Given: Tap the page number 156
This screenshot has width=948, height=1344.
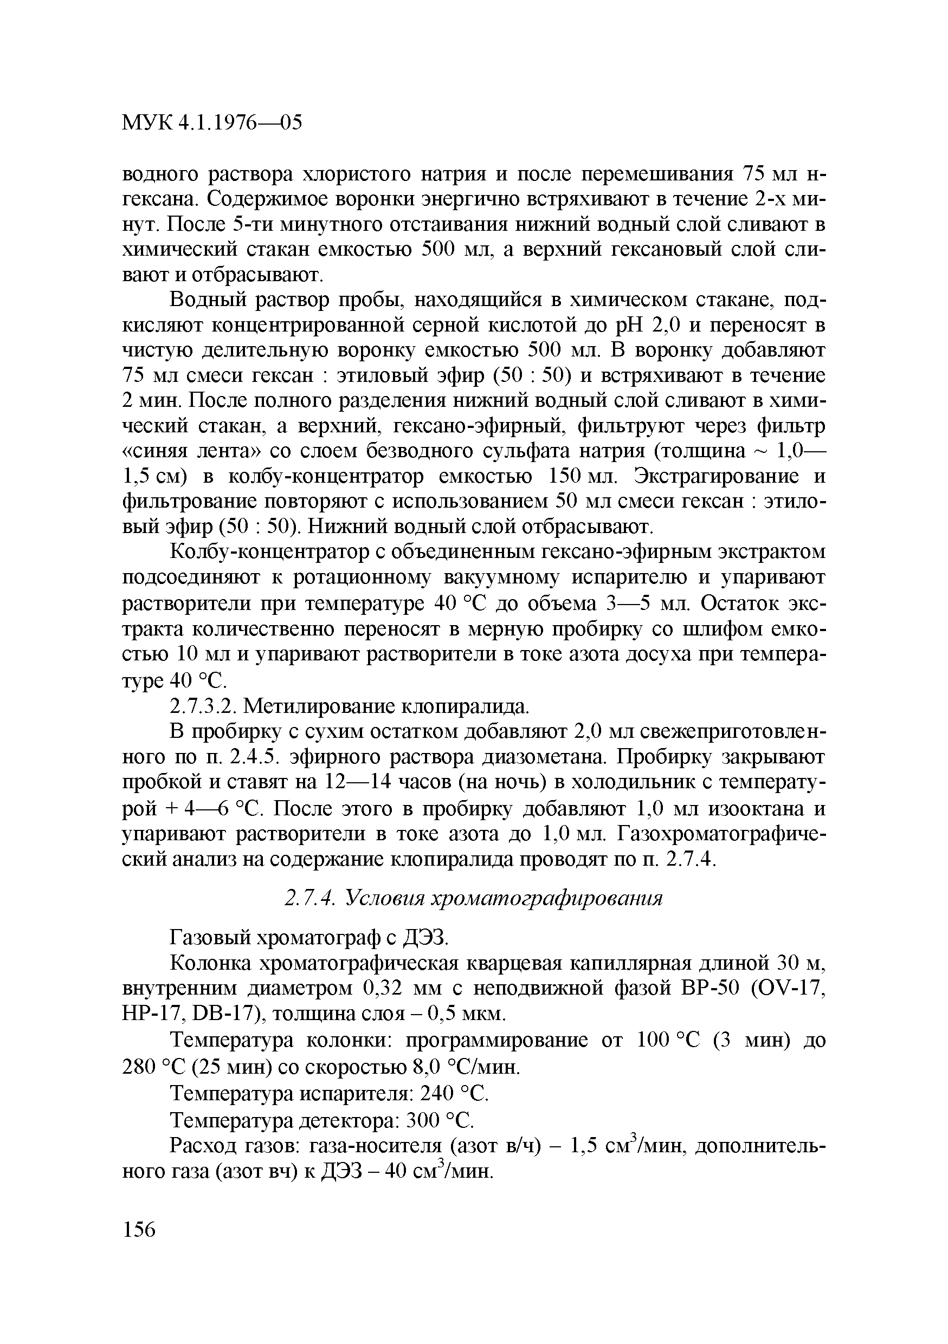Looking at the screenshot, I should [x=139, y=1229].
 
